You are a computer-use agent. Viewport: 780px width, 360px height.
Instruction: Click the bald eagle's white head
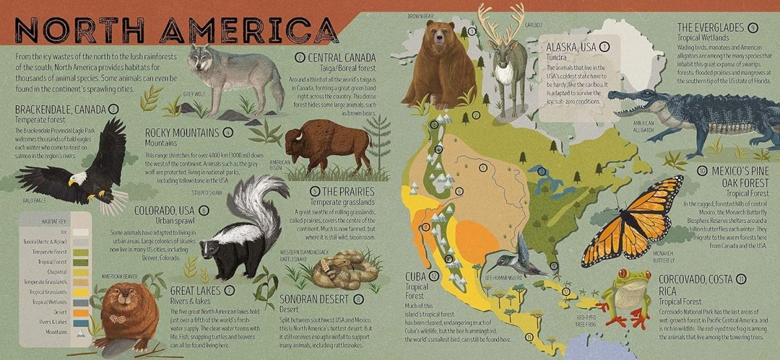coord(78,177)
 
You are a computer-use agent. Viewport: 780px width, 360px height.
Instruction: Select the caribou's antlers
coord(500,23)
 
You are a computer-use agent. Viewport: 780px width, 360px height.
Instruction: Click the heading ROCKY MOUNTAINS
coord(183,133)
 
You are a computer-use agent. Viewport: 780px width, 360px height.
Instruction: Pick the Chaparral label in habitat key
coord(55,272)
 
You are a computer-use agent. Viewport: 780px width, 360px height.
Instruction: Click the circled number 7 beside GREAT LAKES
coord(229,290)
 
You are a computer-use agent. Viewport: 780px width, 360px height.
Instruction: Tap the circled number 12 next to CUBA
coord(434,276)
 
